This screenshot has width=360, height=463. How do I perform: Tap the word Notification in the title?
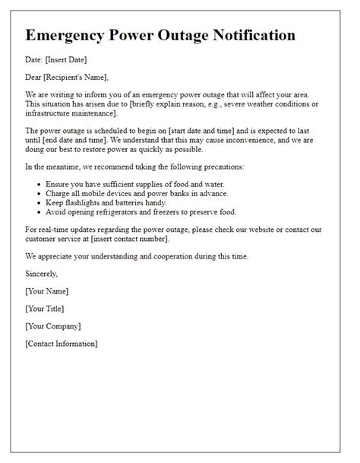247,36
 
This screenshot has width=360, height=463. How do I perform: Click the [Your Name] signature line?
47,291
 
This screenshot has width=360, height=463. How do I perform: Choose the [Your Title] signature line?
45,309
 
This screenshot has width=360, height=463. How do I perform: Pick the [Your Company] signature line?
53,326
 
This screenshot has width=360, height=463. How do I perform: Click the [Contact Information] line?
62,344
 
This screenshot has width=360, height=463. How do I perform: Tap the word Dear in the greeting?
34,76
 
